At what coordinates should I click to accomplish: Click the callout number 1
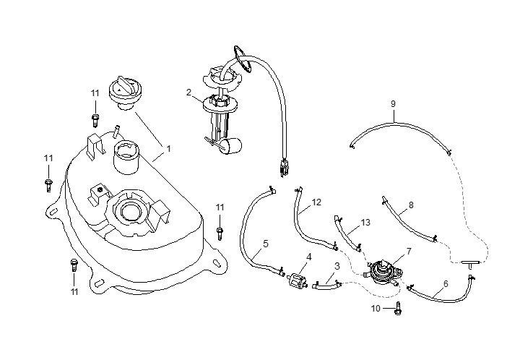pyautogui.click(x=168, y=148)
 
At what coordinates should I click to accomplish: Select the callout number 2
pyautogui.click(x=188, y=93)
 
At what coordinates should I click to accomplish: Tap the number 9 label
pyautogui.click(x=393, y=104)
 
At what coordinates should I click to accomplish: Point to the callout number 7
pyautogui.click(x=409, y=252)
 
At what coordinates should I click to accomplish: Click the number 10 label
pyautogui.click(x=375, y=309)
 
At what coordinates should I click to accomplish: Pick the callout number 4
pyautogui.click(x=309, y=257)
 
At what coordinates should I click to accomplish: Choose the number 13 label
pyautogui.click(x=366, y=223)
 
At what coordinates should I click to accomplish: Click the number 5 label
pyautogui.click(x=265, y=244)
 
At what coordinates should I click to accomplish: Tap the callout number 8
pyautogui.click(x=411, y=205)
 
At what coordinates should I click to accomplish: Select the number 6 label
pyautogui.click(x=445, y=284)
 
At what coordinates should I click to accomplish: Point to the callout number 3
pyautogui.click(x=337, y=276)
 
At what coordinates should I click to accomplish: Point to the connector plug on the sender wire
pyautogui.click(x=284, y=168)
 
